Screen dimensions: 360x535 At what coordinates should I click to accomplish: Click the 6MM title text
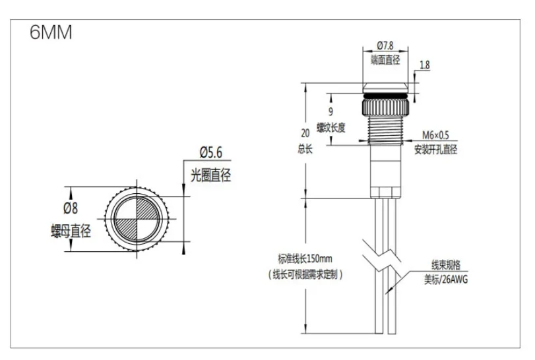(51, 33)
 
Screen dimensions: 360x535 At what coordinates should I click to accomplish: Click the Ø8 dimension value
(71, 208)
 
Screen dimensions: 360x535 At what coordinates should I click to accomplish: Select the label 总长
(303, 149)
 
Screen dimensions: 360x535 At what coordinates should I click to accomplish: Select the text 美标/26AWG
(445, 279)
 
